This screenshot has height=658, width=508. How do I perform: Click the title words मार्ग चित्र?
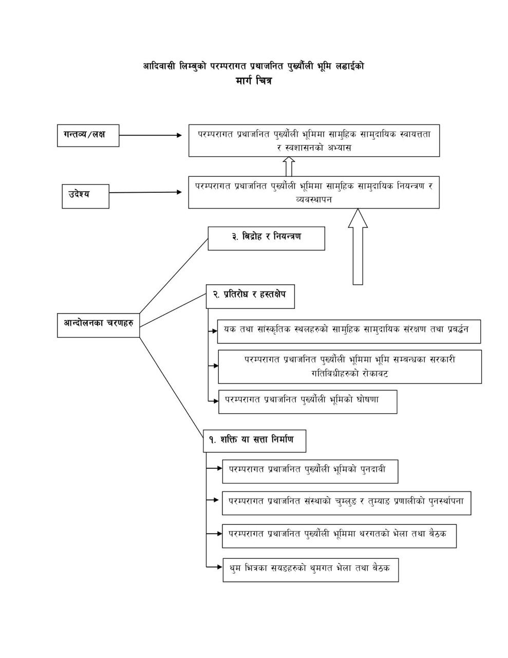click(x=254, y=81)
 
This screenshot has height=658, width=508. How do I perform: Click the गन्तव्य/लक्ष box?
click(x=88, y=135)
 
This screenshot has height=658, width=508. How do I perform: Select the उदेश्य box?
click(x=85, y=195)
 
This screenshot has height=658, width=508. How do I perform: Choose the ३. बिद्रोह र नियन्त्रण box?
click(x=266, y=238)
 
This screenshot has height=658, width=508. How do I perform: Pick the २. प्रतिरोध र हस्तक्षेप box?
click(x=250, y=296)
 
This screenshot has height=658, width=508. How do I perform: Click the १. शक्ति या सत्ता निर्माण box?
click(x=255, y=441)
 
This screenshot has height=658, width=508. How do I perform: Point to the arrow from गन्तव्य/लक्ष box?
click(x=150, y=135)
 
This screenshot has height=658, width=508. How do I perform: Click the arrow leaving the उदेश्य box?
click(x=145, y=192)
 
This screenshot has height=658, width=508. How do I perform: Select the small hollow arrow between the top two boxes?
click(x=289, y=166)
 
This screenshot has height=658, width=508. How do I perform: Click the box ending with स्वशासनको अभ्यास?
click(x=314, y=140)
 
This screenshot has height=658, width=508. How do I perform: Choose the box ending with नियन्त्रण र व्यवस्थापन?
click(x=314, y=192)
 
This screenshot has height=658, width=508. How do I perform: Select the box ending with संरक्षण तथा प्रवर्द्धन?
click(x=349, y=331)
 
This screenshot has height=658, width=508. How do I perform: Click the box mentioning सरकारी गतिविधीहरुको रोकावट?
click(x=350, y=367)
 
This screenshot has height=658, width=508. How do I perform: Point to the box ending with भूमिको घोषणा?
click(x=308, y=401)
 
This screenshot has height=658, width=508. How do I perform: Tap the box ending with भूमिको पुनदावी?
click(x=310, y=471)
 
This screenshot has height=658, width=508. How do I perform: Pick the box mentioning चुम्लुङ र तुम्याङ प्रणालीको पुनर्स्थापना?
click(x=346, y=503)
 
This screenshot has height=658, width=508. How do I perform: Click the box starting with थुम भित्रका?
click(x=310, y=570)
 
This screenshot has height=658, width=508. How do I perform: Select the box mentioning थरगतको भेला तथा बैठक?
click(x=339, y=536)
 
